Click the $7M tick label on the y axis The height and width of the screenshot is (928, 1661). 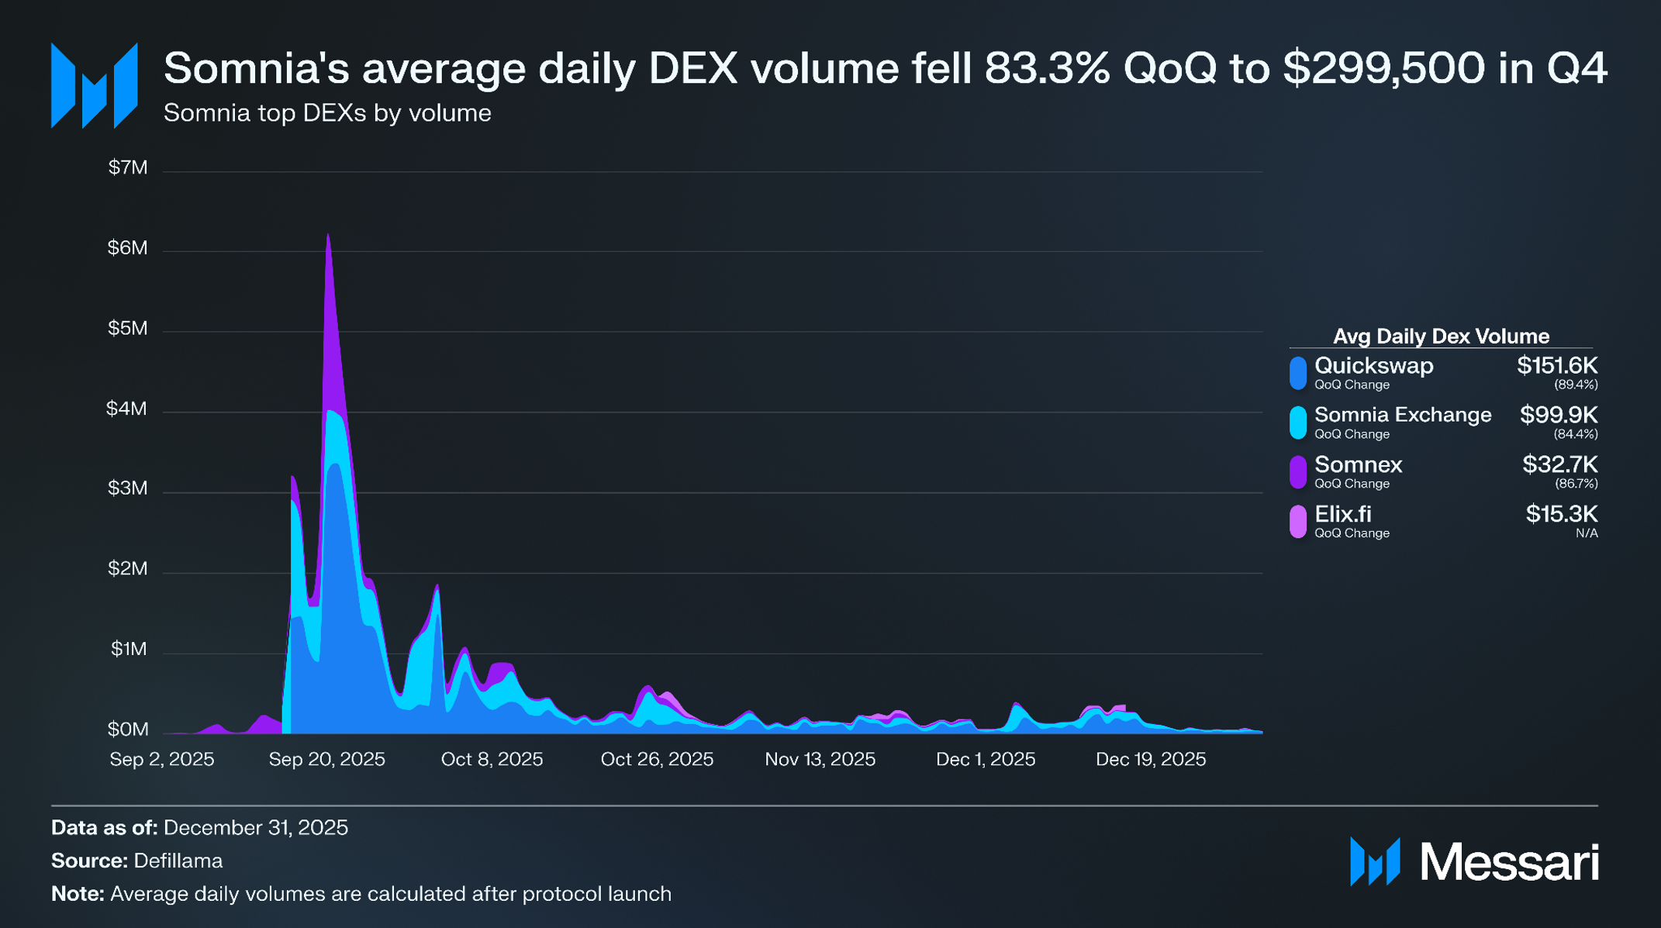pyautogui.click(x=128, y=167)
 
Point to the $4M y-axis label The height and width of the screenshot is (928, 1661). pyautogui.click(x=126, y=409)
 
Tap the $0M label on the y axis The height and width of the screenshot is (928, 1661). pyautogui.click(x=128, y=730)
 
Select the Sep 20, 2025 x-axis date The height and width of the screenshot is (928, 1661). pyautogui.click(x=326, y=759)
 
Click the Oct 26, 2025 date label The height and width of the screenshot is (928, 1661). pyautogui.click(x=657, y=759)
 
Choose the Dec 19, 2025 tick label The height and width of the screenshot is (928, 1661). pyautogui.click(x=1151, y=759)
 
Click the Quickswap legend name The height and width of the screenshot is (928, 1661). pyautogui.click(x=1373, y=366)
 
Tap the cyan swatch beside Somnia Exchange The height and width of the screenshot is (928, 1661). pyautogui.click(x=1297, y=423)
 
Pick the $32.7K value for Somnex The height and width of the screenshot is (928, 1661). pyautogui.click(x=1559, y=464)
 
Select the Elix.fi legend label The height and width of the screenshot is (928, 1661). pyautogui.click(x=1342, y=514)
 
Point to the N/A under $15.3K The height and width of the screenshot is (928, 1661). pyautogui.click(x=1587, y=533)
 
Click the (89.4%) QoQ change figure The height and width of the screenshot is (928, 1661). pyautogui.click(x=1576, y=385)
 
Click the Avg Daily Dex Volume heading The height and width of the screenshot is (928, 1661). pyautogui.click(x=1441, y=336)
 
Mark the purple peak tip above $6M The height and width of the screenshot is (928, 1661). pyautogui.click(x=328, y=235)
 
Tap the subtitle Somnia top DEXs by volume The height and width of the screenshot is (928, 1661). pyautogui.click(x=327, y=113)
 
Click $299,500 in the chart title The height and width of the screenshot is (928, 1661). pyautogui.click(x=1383, y=68)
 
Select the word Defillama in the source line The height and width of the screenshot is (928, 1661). pyautogui.click(x=178, y=861)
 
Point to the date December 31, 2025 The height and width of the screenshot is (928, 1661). pyautogui.click(x=256, y=828)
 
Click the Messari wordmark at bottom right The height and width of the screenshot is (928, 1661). pyautogui.click(x=1508, y=862)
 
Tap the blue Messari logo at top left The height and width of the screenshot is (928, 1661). pyautogui.click(x=94, y=85)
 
